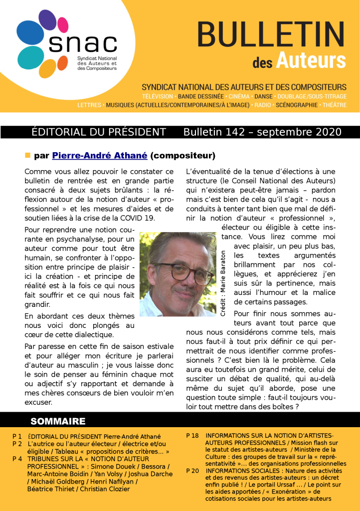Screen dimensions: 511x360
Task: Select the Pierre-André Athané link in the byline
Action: [100, 156]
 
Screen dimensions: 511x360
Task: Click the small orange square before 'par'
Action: [28, 155]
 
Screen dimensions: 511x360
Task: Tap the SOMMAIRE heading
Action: [58, 421]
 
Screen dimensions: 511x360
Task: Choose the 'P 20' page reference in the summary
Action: [192, 471]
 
